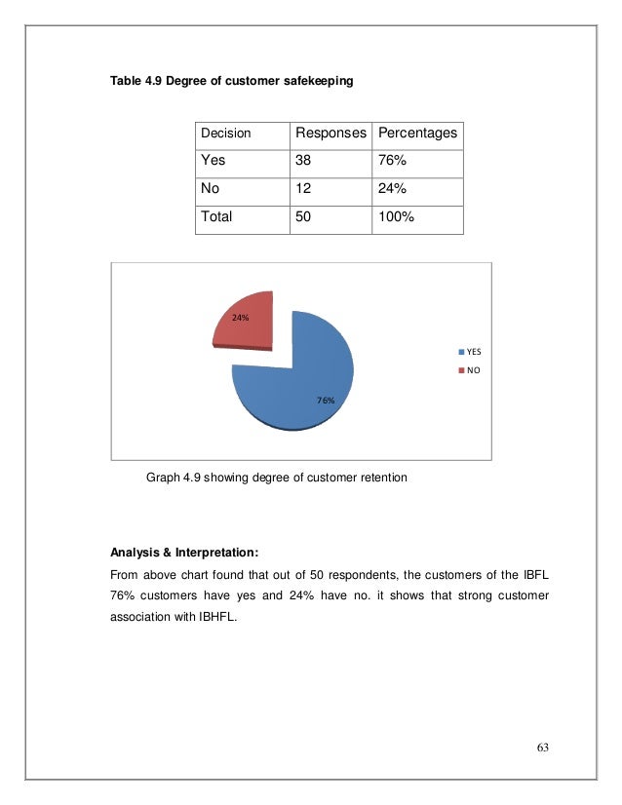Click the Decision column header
tap(225, 133)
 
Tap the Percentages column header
tap(417, 133)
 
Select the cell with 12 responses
tap(305, 189)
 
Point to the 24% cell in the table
tap(392, 189)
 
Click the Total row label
tap(215, 217)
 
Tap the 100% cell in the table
tap(396, 217)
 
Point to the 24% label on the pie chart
tap(240, 317)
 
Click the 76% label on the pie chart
tap(326, 401)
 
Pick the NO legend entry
tap(471, 370)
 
